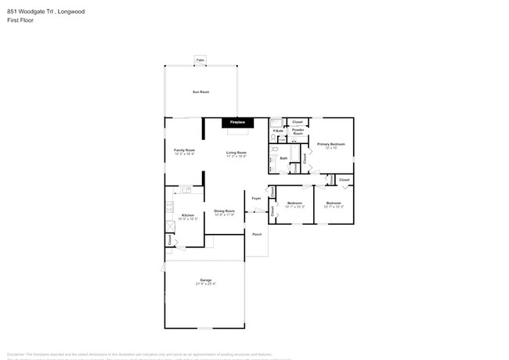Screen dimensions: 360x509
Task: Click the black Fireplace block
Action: (237, 123)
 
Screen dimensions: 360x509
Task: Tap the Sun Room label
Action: (200, 92)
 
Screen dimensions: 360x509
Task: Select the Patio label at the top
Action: (200, 59)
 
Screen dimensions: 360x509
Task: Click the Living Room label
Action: (236, 152)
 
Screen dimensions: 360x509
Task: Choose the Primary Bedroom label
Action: (330, 145)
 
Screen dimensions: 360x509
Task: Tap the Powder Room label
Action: (298, 132)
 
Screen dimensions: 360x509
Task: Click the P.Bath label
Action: (278, 131)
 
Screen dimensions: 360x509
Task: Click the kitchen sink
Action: (186, 189)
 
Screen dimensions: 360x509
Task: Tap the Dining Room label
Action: (225, 211)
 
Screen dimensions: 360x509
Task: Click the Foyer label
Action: (256, 198)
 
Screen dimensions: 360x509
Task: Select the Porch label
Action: (256, 233)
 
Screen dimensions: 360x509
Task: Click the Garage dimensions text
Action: (205, 283)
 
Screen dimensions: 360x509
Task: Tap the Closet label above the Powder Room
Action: (298, 122)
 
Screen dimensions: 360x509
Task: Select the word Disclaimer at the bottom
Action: (18, 353)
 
